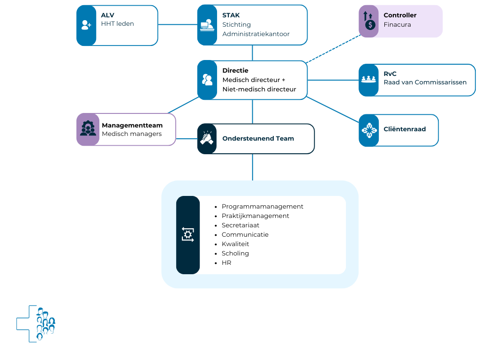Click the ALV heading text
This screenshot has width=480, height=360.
click(108, 15)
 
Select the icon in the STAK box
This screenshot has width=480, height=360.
click(207, 25)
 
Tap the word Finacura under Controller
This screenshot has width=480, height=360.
click(397, 24)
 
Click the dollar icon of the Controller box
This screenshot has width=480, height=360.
click(369, 21)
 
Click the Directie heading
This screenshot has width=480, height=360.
click(235, 70)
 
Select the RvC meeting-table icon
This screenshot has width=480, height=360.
click(369, 80)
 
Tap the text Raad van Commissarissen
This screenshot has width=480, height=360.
click(425, 82)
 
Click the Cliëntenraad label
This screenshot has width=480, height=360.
click(405, 129)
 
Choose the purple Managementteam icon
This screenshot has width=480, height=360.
click(88, 129)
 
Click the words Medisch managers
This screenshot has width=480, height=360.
click(132, 134)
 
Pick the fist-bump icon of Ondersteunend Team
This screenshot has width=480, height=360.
click(207, 138)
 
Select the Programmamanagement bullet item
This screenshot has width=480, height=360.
click(262, 206)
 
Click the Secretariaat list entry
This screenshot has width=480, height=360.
click(240, 225)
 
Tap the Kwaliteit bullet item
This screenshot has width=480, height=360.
click(235, 244)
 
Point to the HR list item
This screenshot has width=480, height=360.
click(226, 262)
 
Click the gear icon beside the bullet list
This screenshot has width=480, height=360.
click(187, 234)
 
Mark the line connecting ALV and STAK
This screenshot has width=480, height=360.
click(178, 25)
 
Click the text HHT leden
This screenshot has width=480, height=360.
click(118, 24)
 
